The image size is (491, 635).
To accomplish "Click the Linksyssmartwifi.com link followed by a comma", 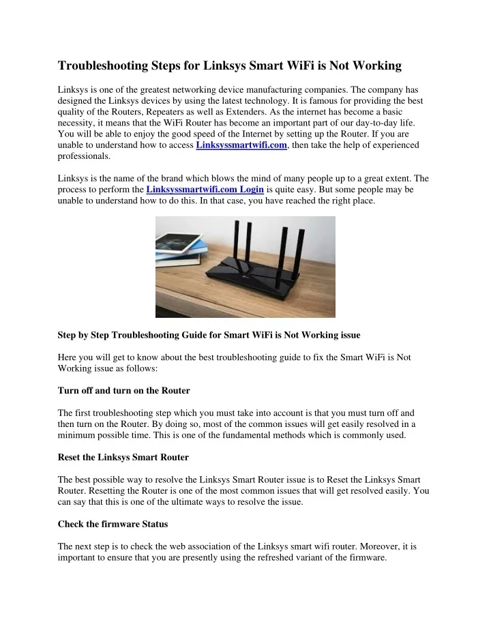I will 241,145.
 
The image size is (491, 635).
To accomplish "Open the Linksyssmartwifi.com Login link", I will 205,189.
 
